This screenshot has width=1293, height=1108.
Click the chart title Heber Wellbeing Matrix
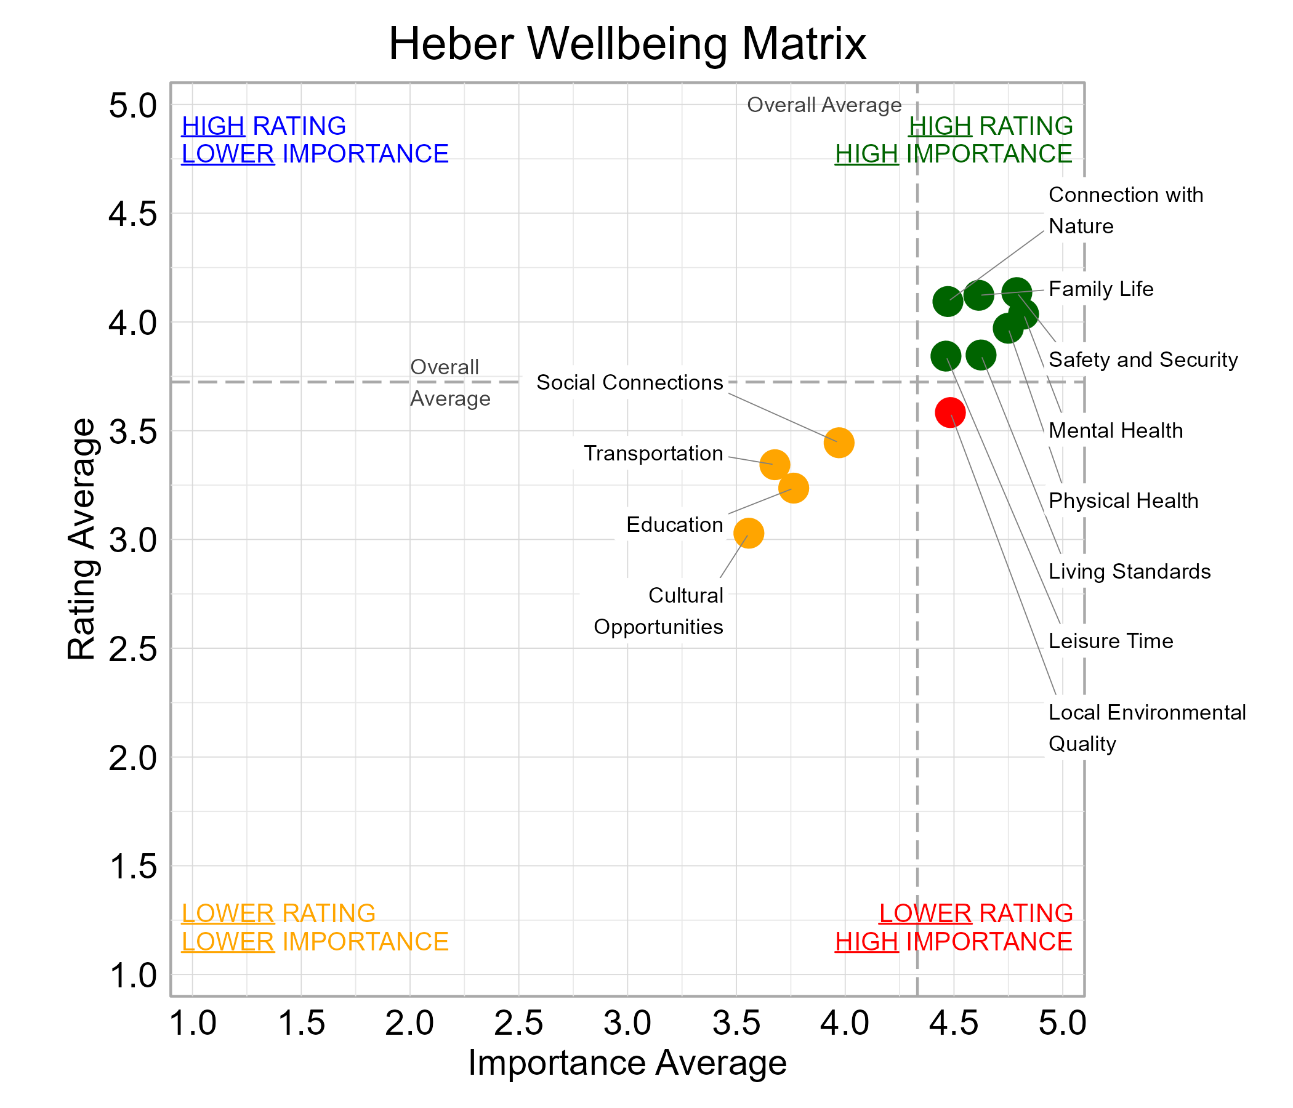click(x=627, y=44)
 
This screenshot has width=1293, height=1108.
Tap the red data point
click(x=950, y=412)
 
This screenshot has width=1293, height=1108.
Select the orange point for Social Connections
click(x=839, y=443)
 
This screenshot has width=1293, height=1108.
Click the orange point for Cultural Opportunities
click(x=748, y=533)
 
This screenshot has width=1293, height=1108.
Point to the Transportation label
click(x=653, y=454)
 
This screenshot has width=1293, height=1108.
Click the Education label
click(x=675, y=524)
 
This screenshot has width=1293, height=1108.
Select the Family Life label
click(x=1101, y=289)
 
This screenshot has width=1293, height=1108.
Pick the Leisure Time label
click(x=1111, y=641)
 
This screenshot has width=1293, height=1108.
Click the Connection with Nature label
click(x=1125, y=211)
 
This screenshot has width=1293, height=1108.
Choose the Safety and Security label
click(x=1143, y=360)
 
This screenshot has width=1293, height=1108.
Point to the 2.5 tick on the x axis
click(x=518, y=1024)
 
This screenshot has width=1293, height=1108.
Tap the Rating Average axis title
click(x=82, y=539)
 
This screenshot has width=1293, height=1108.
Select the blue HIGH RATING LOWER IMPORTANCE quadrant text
click(x=315, y=140)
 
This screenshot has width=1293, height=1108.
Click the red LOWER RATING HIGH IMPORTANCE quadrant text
click(x=954, y=927)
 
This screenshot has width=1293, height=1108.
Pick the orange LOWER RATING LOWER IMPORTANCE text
click(x=315, y=927)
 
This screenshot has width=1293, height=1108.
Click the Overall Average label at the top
click(x=824, y=105)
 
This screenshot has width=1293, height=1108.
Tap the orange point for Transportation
click(x=775, y=465)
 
